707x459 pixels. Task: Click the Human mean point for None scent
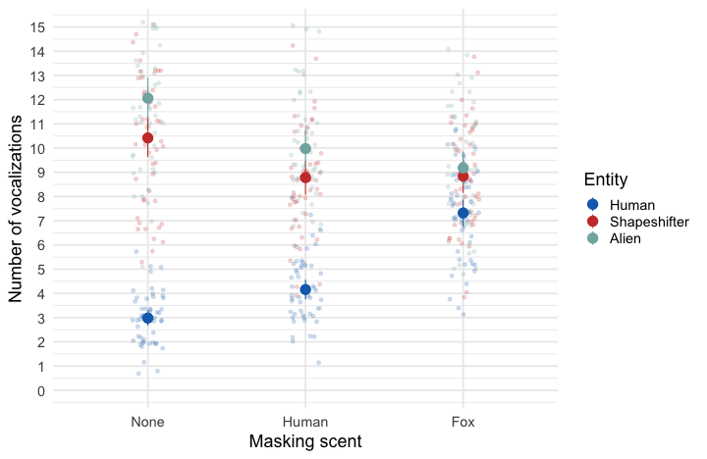[147, 318]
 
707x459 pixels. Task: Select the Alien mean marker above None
[147, 98]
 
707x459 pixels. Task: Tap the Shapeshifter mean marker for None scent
[147, 137]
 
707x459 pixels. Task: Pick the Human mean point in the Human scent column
[305, 289]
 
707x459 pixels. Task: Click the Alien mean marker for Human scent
[305, 149]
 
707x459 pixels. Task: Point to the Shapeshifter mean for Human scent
[305, 178]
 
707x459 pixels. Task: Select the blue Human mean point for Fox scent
[463, 213]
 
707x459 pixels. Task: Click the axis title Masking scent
[305, 441]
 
